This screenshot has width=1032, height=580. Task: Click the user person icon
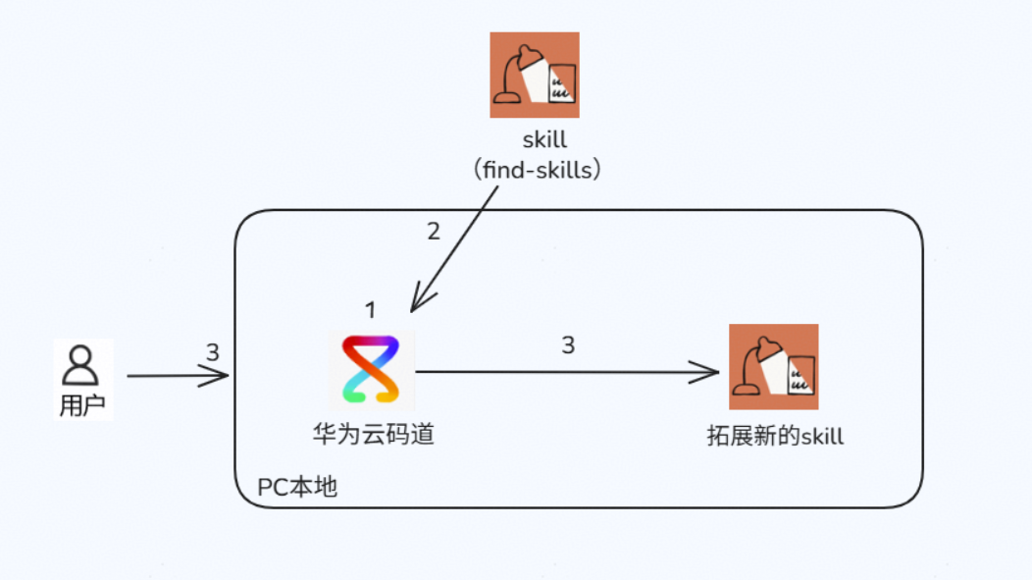[80, 365]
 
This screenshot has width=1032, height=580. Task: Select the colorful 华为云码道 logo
[371, 369]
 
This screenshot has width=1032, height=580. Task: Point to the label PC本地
[297, 487]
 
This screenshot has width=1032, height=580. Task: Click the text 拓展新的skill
[775, 436]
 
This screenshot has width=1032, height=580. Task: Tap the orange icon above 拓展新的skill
[773, 367]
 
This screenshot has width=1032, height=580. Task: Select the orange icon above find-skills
[535, 75]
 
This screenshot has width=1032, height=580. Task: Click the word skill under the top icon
[544, 140]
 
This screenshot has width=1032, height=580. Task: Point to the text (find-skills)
[536, 169]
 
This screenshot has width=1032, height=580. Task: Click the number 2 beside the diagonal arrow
[434, 232]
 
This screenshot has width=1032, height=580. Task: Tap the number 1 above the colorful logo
[371, 311]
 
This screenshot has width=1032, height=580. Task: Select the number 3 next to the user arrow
[213, 352]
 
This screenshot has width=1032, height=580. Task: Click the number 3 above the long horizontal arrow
[568, 345]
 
